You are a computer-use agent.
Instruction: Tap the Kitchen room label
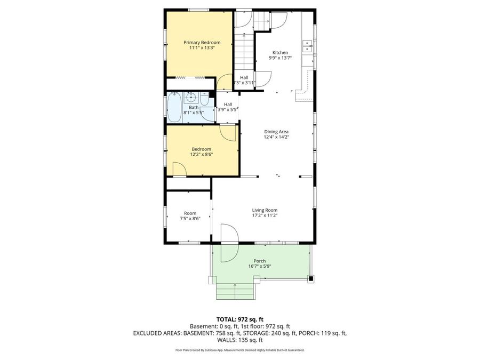point(280,53)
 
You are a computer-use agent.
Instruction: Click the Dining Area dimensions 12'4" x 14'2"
point(277,137)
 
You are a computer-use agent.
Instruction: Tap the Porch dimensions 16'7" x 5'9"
point(260,266)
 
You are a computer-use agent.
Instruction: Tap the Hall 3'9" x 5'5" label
point(228,107)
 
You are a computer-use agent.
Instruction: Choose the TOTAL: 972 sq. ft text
point(239,318)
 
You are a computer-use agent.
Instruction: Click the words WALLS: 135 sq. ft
point(239,340)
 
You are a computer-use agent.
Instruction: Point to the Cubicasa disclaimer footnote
point(239,350)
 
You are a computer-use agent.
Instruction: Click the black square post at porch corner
point(310,278)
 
